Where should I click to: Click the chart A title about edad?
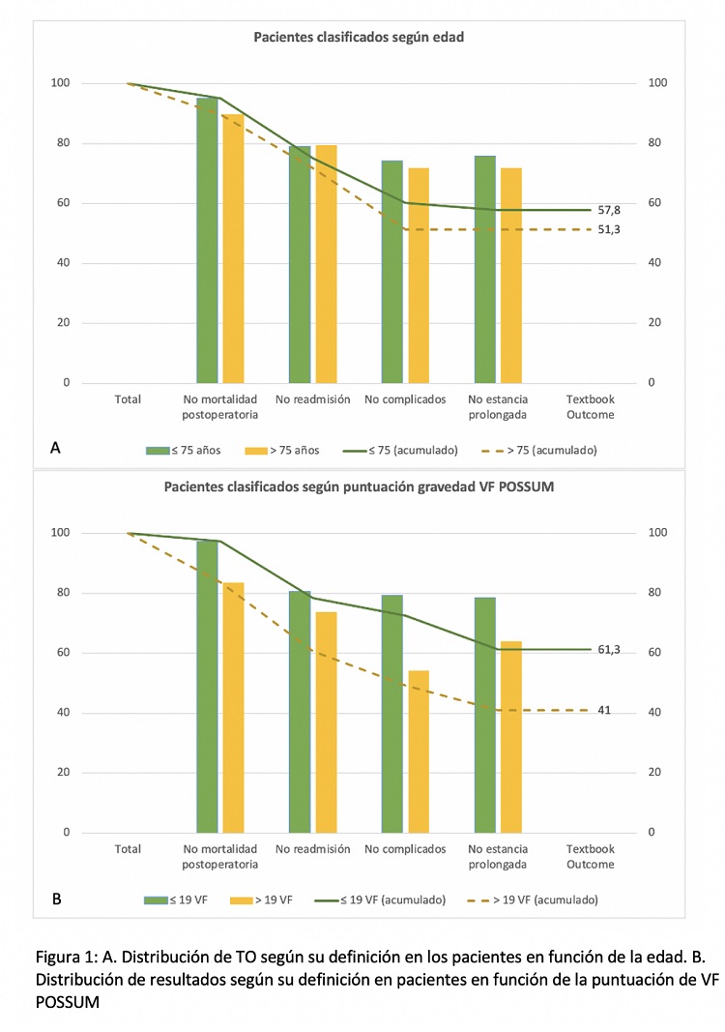click(359, 38)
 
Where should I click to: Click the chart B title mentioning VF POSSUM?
click(361, 487)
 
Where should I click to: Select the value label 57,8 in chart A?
click(609, 210)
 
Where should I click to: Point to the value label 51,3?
click(609, 229)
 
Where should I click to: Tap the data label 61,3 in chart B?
click(609, 649)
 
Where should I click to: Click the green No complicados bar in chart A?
click(391, 272)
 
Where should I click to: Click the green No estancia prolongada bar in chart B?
click(484, 715)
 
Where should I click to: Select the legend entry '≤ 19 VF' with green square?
click(181, 899)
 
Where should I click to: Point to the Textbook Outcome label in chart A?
click(590, 406)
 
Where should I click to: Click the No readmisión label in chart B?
click(312, 849)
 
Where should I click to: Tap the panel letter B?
click(56, 899)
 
